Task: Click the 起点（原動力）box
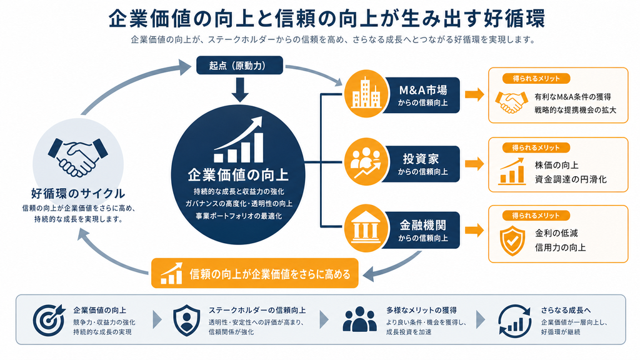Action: [x=239, y=65]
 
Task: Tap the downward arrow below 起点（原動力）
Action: [x=239, y=90]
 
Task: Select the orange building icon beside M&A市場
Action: [x=366, y=94]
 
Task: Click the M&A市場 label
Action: [x=423, y=90]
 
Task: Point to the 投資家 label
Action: [x=421, y=159]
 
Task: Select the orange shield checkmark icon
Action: [x=512, y=241]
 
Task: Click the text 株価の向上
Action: [x=556, y=165]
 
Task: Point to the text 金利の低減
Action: [x=556, y=233]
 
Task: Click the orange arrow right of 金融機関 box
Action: [x=474, y=230]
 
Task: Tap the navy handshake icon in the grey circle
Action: [x=78, y=157]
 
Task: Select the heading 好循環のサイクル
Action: [x=78, y=194]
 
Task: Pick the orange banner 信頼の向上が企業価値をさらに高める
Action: [x=255, y=273]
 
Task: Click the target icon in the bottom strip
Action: [x=49, y=320]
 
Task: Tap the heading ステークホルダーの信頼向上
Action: [x=257, y=310]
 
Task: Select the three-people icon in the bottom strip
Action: [x=359, y=319]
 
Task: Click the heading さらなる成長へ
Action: [x=566, y=310]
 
